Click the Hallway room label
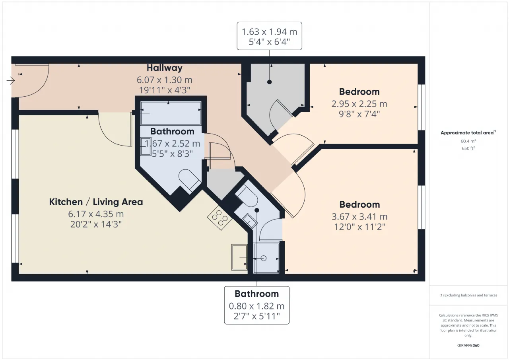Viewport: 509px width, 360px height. [x=165, y=68]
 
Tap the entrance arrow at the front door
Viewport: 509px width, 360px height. [x=11, y=80]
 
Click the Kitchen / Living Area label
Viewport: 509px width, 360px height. [x=96, y=202]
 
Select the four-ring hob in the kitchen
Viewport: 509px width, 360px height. [x=220, y=218]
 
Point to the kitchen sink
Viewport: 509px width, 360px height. [x=239, y=257]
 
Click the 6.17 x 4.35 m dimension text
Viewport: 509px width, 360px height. [x=96, y=214]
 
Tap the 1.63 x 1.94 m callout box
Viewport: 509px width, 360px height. [x=269, y=36]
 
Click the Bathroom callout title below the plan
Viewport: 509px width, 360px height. [x=257, y=294]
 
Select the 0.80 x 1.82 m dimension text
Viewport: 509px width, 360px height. [x=257, y=306]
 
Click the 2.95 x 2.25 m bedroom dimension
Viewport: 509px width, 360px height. [x=359, y=104]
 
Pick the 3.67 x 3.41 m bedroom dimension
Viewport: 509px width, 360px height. [x=359, y=216]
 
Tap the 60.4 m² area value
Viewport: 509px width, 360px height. [x=468, y=141]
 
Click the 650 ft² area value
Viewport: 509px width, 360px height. [x=468, y=148]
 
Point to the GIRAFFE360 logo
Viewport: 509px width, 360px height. [x=468, y=345]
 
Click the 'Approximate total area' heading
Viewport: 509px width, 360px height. [x=468, y=132]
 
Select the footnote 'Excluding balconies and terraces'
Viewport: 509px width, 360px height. [x=468, y=295]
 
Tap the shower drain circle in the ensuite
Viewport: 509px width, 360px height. [x=264, y=258]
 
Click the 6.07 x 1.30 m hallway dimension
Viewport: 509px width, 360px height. [x=165, y=80]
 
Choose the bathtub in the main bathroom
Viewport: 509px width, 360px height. [x=171, y=113]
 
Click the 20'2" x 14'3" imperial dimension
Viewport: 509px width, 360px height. [x=96, y=224]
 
